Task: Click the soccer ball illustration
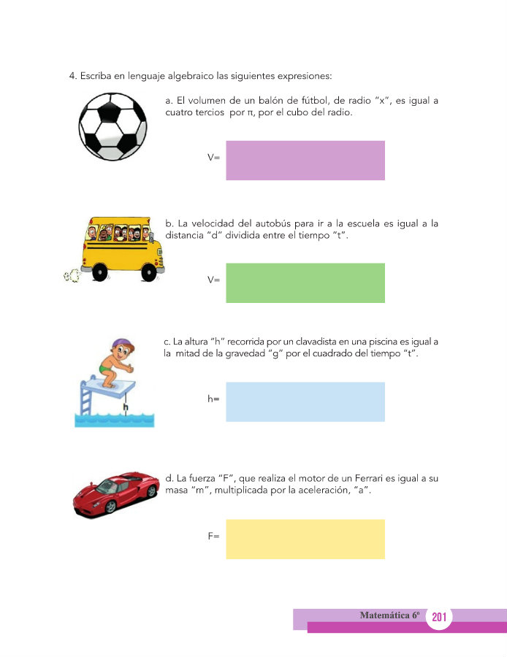click(113, 126)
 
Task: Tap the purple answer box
click(305, 160)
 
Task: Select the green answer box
click(305, 283)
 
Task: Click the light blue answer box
click(305, 401)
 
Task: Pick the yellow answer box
click(305, 539)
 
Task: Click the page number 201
click(439, 618)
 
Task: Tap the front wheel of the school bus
click(150, 272)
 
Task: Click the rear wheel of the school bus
click(99, 272)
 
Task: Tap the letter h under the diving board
click(126, 406)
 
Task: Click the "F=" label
click(213, 537)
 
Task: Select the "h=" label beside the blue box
click(213, 399)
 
